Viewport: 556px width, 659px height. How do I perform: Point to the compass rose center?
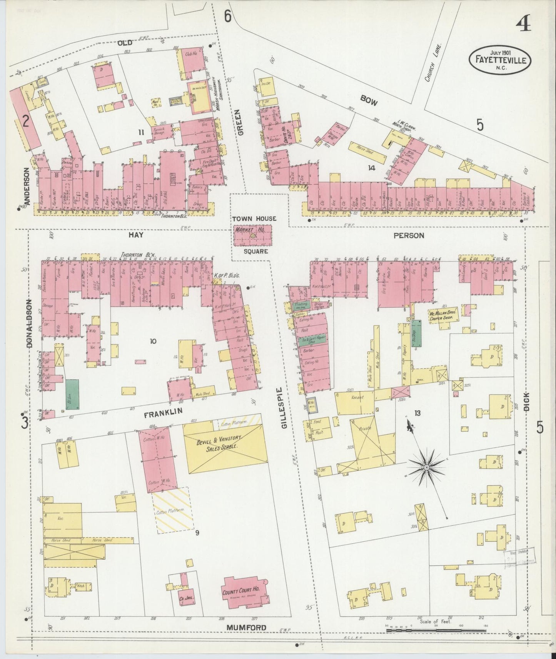click(x=426, y=467)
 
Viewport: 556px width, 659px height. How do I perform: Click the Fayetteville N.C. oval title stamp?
click(x=499, y=60)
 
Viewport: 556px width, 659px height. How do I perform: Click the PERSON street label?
click(x=409, y=235)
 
